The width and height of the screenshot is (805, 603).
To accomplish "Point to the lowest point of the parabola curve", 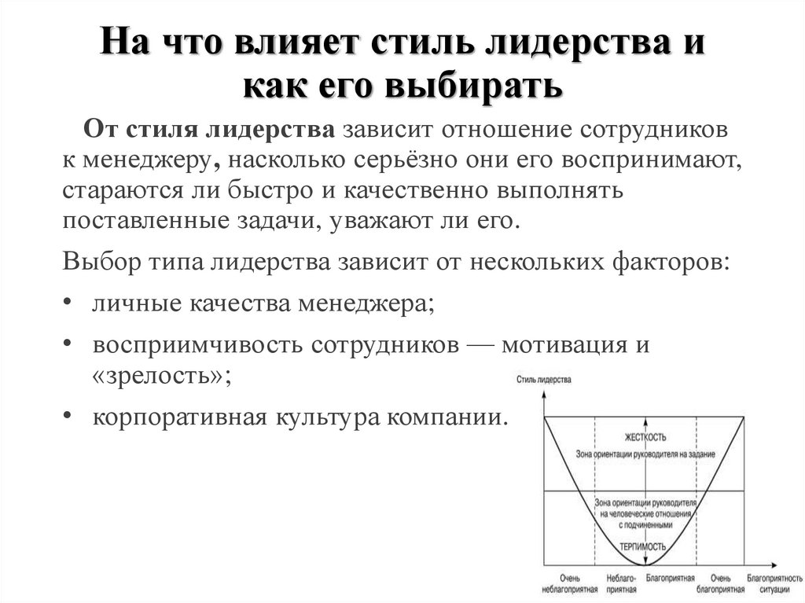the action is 645,564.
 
